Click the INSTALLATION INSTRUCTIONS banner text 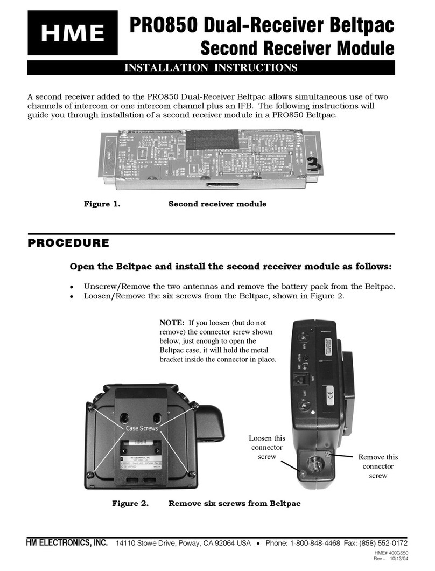pyautogui.click(x=211, y=67)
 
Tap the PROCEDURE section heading pyautogui.click(x=68, y=243)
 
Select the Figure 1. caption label pyautogui.click(x=101, y=204)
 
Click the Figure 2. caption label pyautogui.click(x=130, y=503)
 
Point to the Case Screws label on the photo pyautogui.click(x=142, y=428)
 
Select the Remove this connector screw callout pyautogui.click(x=377, y=466)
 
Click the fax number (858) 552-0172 pyautogui.click(x=384, y=542)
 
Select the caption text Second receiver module pyautogui.click(x=217, y=204)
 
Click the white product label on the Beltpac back pyautogui.click(x=142, y=456)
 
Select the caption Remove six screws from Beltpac pyautogui.click(x=234, y=503)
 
